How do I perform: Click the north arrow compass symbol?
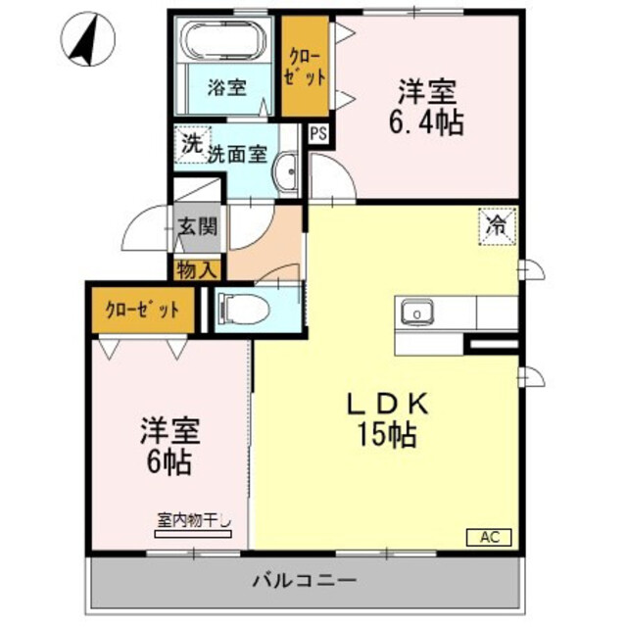(82, 39)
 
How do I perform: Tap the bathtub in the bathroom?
(225, 44)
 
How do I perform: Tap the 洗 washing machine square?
(190, 143)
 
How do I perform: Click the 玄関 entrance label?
(199, 227)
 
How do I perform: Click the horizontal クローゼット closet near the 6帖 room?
(143, 311)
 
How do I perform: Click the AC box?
(489, 537)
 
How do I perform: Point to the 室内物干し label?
(193, 522)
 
